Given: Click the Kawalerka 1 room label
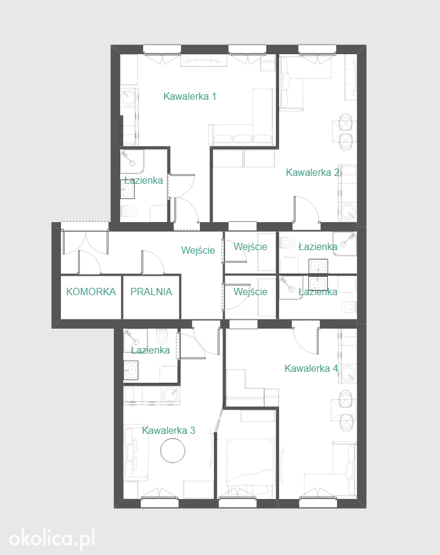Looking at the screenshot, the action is [x=190, y=96].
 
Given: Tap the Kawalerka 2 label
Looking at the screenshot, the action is [x=313, y=172].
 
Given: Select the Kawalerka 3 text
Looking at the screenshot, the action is [x=168, y=430].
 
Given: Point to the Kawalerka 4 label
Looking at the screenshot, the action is [x=311, y=368].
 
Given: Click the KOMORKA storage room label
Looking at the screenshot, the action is [x=91, y=291].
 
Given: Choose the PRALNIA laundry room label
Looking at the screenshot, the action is [x=151, y=291].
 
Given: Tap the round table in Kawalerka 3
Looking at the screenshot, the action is [x=172, y=450].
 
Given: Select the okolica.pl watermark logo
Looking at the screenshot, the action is [x=52, y=538].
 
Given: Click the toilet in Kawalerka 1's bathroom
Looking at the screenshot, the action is [x=129, y=211].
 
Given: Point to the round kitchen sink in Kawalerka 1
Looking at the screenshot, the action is [x=129, y=96].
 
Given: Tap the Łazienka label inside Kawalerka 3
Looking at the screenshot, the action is [x=151, y=350].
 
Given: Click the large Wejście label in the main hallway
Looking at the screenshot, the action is [x=198, y=250].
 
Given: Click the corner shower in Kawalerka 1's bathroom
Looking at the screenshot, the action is [x=132, y=160].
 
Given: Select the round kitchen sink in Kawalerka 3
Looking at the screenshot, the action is [x=171, y=394].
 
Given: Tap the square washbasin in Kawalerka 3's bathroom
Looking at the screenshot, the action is [x=131, y=370].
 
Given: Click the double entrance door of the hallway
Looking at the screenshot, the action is [x=85, y=243].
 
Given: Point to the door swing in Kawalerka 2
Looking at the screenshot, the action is [x=307, y=209].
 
